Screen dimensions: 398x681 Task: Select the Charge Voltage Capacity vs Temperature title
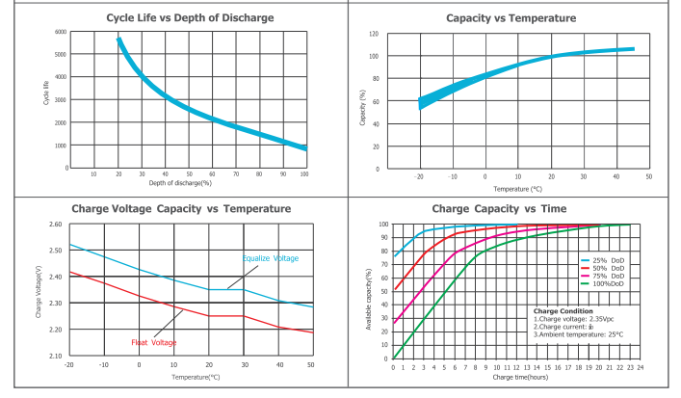(181, 208)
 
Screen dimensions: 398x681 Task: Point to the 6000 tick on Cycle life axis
(60, 32)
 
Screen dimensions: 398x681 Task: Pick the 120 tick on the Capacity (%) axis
(372, 34)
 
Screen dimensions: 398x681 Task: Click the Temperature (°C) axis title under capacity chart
(517, 189)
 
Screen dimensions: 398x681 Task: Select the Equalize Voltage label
(270, 258)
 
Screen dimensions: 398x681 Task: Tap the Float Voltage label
(152, 342)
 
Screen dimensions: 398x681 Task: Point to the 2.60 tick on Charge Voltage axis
(55, 225)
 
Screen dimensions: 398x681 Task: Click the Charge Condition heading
(563, 310)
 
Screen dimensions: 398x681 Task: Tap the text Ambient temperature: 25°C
(578, 333)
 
